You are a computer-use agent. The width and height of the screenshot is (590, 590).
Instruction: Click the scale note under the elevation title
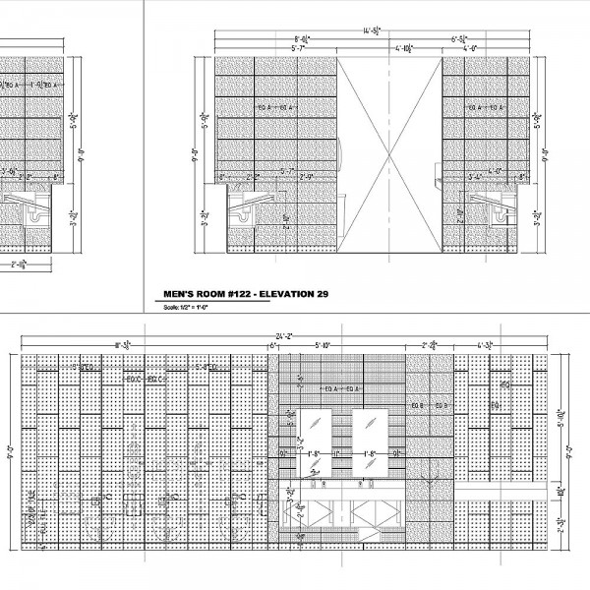pos(183,307)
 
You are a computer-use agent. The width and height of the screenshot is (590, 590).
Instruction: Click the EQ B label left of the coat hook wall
pos(416,405)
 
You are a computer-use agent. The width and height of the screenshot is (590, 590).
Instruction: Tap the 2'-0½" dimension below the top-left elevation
pos(18,265)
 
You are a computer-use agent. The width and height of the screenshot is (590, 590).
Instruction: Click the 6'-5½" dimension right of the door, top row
pos(459,39)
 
